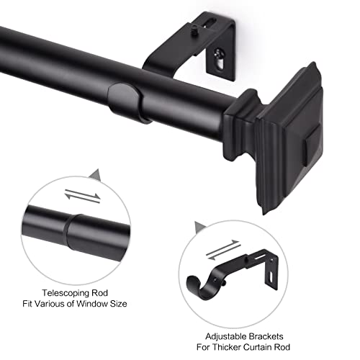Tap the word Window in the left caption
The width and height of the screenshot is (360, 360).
[x=99, y=304]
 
